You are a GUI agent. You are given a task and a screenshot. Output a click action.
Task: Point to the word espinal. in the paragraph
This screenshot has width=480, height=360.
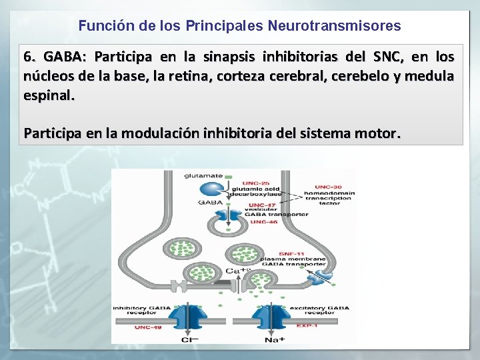click(49, 95)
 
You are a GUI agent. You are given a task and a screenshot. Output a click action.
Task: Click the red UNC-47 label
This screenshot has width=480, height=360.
click(261, 205)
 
